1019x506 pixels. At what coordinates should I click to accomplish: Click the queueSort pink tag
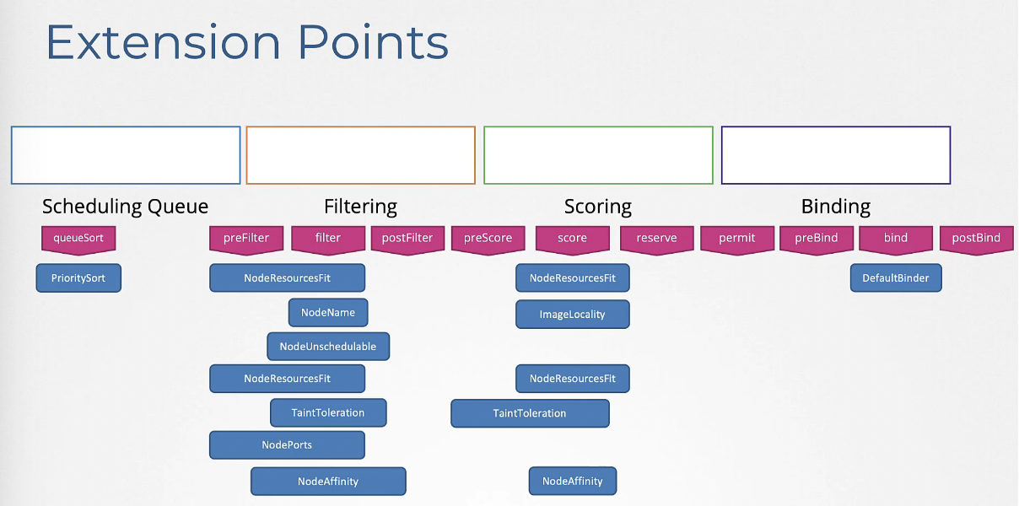pyautogui.click(x=78, y=240)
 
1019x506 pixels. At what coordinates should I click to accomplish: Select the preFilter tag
pyautogui.click(x=246, y=240)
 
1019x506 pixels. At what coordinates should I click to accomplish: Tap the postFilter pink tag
pyautogui.click(x=407, y=240)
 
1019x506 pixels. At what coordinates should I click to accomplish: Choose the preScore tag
pyautogui.click(x=488, y=240)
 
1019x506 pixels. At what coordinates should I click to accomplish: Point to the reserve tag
pyautogui.click(x=657, y=240)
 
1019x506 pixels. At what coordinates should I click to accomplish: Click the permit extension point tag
pyautogui.click(x=737, y=240)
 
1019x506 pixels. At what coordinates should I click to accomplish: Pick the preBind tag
pyautogui.click(x=817, y=240)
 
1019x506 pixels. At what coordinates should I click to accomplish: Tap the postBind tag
pyautogui.click(x=977, y=240)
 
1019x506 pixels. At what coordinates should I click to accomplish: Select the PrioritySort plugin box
pyautogui.click(x=78, y=277)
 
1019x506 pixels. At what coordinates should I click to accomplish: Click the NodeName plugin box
pyautogui.click(x=328, y=312)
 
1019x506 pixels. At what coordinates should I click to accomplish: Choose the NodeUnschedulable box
pyautogui.click(x=328, y=347)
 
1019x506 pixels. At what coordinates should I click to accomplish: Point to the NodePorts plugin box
pyautogui.click(x=287, y=444)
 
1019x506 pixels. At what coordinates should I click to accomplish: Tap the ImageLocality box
pyautogui.click(x=573, y=315)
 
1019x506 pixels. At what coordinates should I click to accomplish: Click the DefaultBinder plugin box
pyautogui.click(x=896, y=277)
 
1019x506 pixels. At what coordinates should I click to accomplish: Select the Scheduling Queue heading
pyautogui.click(x=125, y=207)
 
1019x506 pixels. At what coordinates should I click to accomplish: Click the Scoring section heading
pyautogui.click(x=598, y=207)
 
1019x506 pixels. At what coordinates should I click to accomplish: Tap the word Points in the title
pyautogui.click(x=373, y=42)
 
